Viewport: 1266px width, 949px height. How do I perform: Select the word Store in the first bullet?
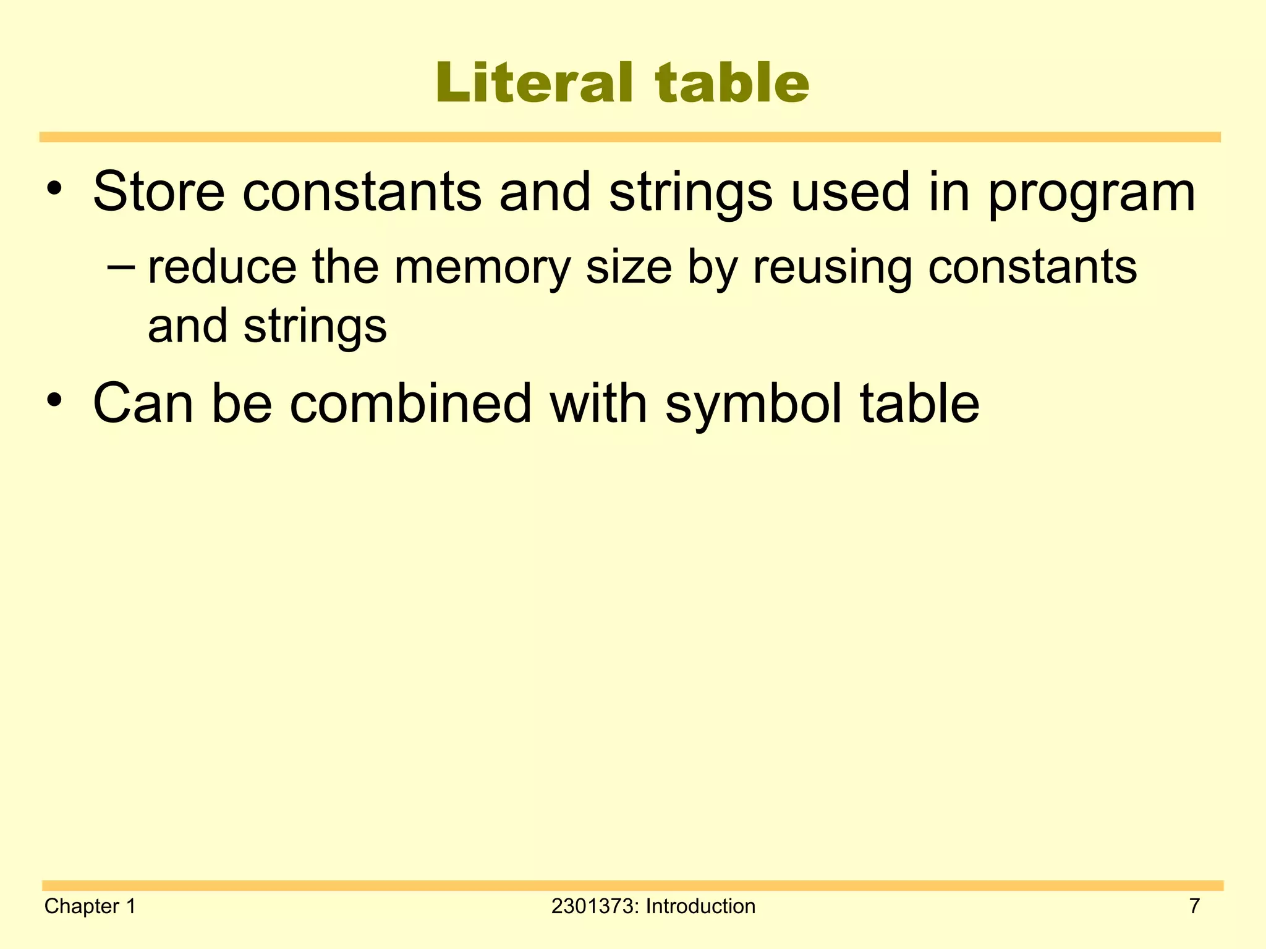159,192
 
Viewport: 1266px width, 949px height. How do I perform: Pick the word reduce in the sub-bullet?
222,268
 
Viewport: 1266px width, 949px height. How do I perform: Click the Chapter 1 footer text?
90,906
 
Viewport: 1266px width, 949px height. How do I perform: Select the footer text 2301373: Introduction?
653,906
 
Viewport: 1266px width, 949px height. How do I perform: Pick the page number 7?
1194,906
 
